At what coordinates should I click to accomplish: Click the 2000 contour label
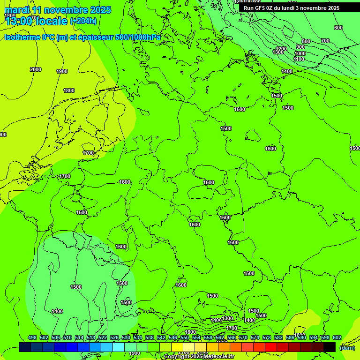(x=36, y=69)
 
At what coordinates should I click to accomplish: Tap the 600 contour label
(x=338, y=28)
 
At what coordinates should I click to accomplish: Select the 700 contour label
(x=325, y=41)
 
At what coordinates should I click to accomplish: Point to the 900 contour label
(x=300, y=47)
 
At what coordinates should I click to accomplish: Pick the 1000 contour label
(x=300, y=53)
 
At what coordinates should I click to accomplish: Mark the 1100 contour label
(x=299, y=60)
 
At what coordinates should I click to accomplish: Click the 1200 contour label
(x=281, y=49)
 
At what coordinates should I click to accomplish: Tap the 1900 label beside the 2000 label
(x=62, y=71)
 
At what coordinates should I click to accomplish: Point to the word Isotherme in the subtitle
(x=22, y=37)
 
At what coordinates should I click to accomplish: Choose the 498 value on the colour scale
(x=32, y=337)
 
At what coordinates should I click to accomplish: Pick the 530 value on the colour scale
(x=126, y=337)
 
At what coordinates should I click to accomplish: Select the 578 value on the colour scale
(x=267, y=337)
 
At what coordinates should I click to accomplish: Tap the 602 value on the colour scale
(x=337, y=337)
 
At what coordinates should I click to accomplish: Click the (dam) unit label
(x=347, y=347)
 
